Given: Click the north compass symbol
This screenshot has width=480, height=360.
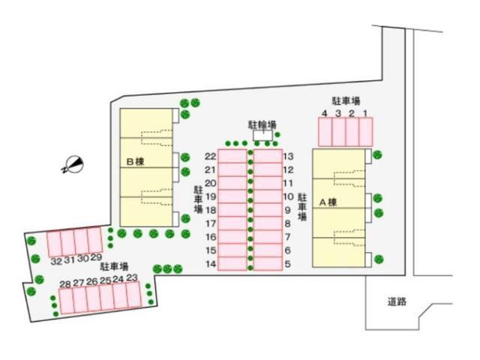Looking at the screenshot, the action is [73, 165].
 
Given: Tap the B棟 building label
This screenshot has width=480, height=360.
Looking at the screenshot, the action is [135, 162].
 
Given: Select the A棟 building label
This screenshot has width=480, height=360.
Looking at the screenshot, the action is [328, 202].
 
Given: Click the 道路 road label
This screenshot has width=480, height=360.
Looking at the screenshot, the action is [397, 301].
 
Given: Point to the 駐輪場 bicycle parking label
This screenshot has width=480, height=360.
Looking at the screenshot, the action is [262, 124].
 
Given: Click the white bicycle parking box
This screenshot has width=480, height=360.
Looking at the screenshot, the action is [262, 135].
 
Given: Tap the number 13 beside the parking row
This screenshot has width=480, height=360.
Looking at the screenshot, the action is [288, 157].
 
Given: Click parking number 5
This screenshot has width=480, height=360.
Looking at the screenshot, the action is [287, 264].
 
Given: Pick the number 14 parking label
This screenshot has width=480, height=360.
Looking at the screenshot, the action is [211, 264].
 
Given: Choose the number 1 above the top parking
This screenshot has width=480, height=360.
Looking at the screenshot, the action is [365, 113].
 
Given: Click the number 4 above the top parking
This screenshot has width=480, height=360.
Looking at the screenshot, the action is [325, 113].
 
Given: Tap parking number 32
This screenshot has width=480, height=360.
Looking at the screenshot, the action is [56, 262].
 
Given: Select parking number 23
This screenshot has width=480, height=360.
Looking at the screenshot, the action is [132, 277].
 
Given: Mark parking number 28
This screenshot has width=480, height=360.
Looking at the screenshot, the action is [65, 284].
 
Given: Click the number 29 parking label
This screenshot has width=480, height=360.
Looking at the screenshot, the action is [96, 258].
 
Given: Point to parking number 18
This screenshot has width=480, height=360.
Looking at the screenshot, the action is [211, 210].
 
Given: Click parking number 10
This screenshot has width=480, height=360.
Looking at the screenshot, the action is [288, 196].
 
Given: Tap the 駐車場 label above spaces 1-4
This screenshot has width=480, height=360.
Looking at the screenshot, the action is [346, 101].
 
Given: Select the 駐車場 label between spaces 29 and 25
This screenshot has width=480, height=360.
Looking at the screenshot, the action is [114, 267].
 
